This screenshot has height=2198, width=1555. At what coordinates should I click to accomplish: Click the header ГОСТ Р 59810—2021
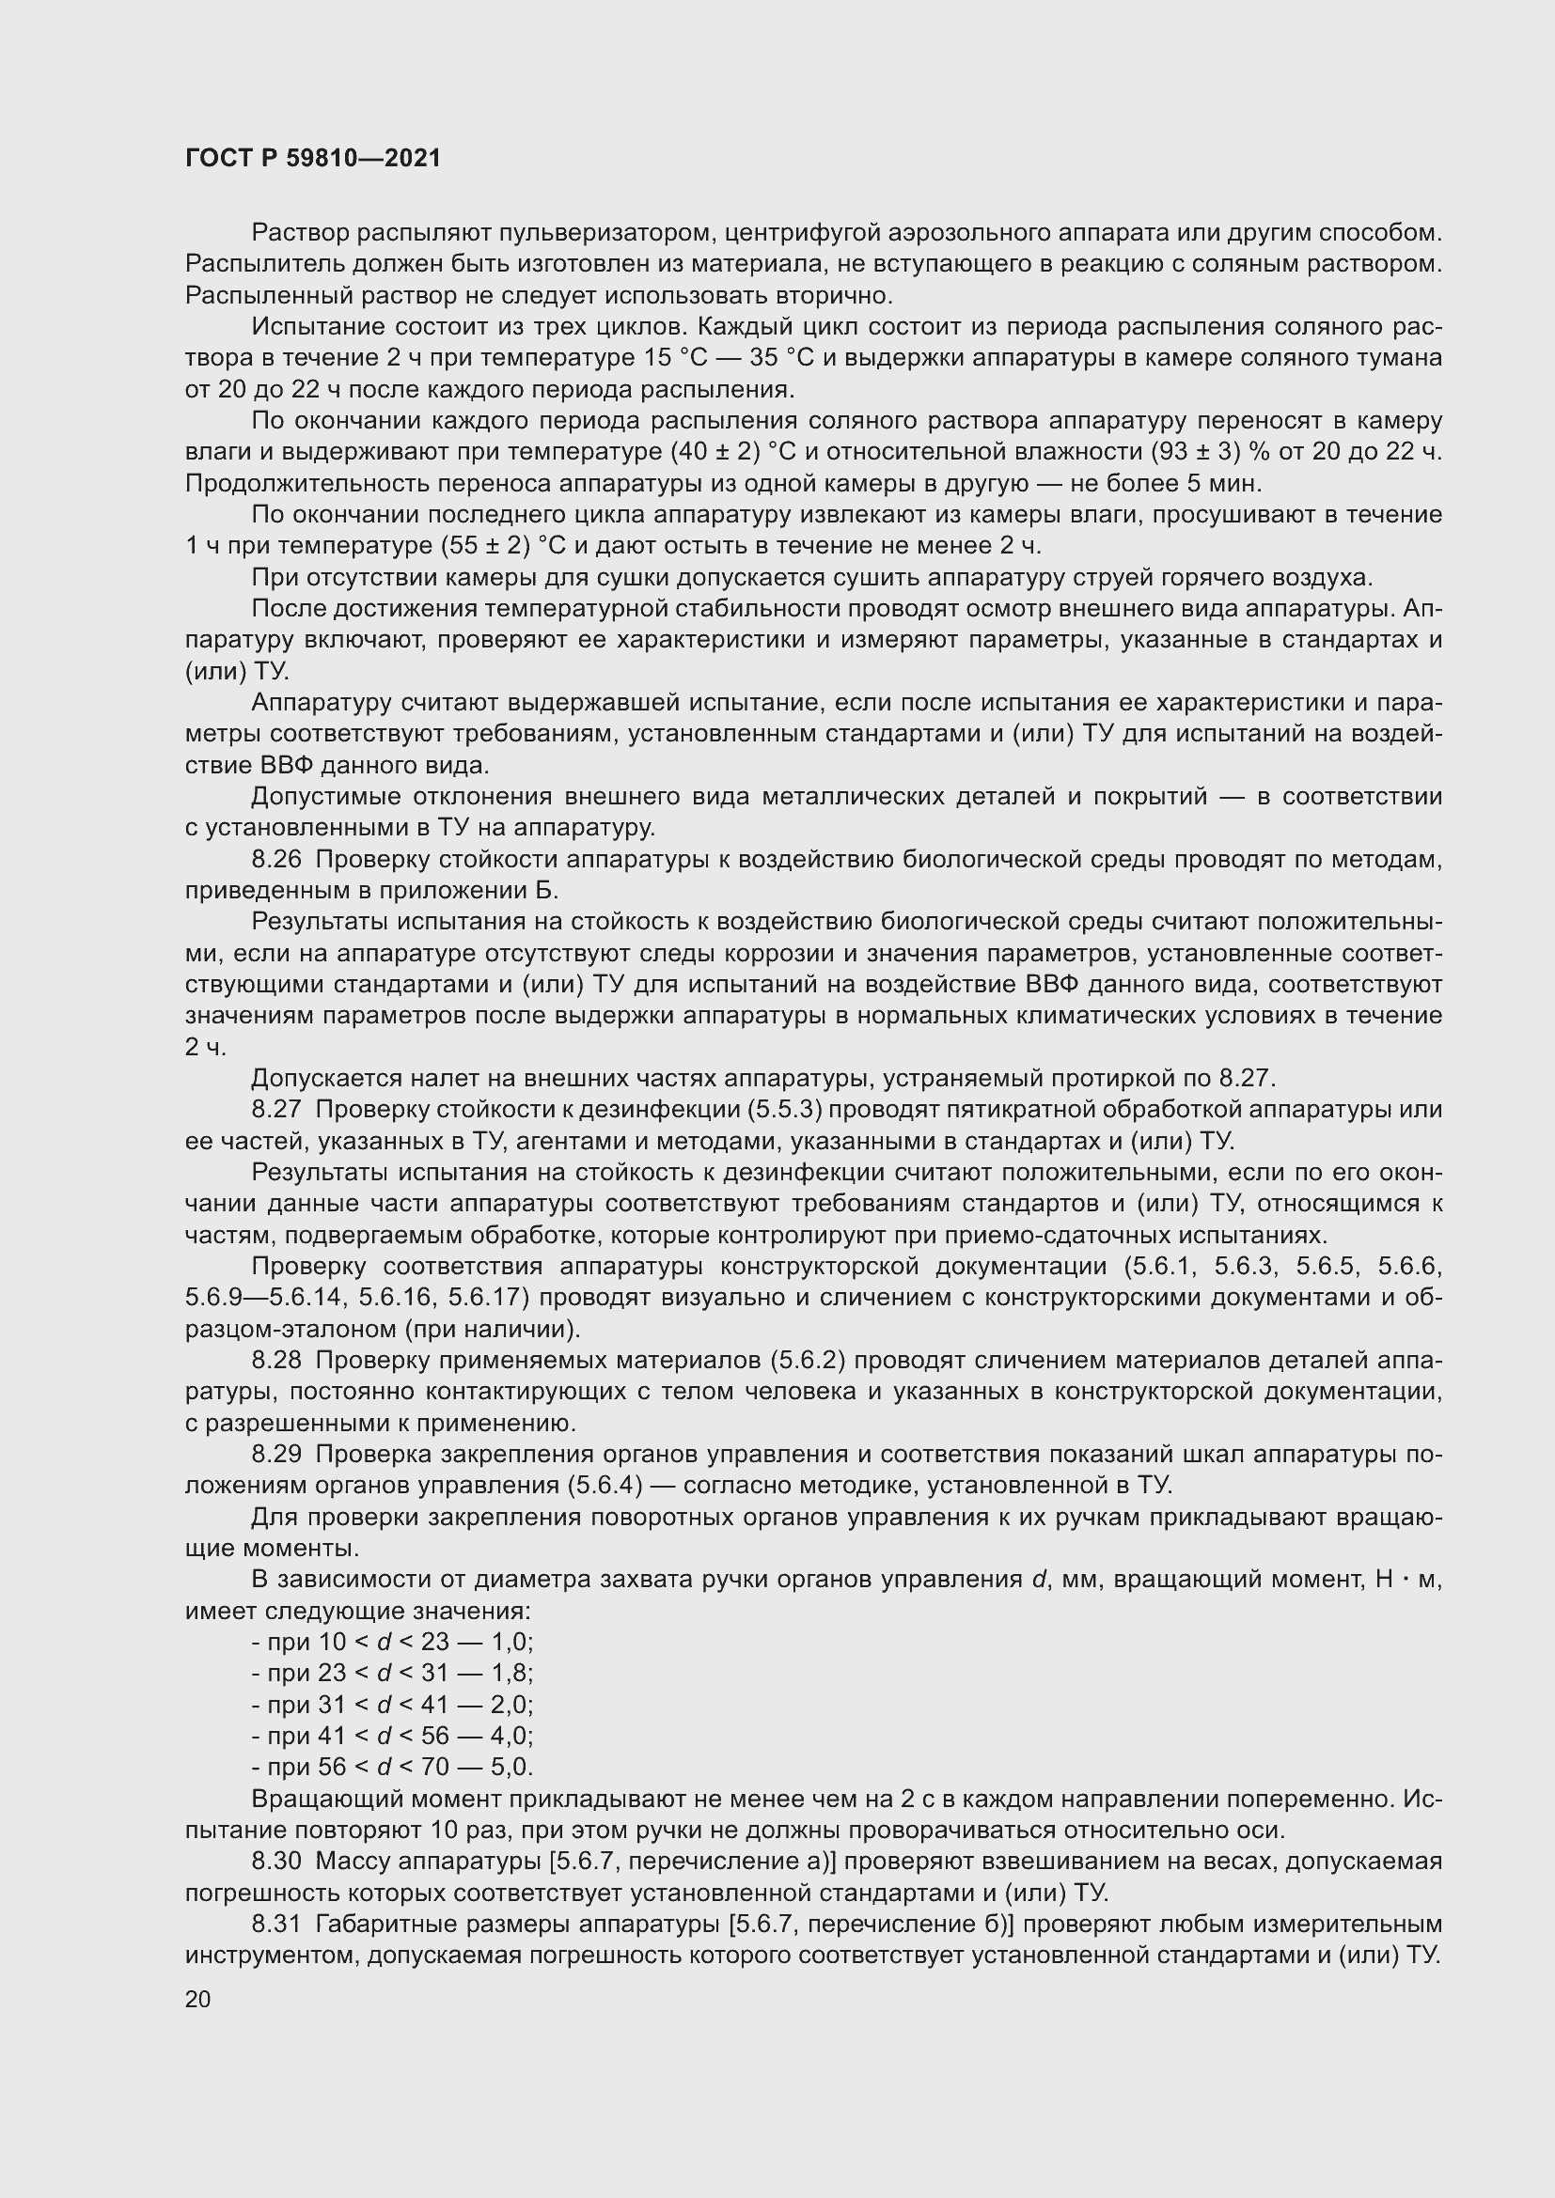(313, 159)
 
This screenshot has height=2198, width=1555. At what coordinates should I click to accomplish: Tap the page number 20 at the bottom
(198, 1999)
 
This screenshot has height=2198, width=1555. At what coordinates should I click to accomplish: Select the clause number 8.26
(275, 860)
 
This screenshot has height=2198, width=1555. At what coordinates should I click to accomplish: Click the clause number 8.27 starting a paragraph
(275, 1110)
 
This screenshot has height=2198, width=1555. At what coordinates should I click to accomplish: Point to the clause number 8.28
(275, 1361)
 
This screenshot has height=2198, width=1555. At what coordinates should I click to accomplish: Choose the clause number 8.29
(275, 1454)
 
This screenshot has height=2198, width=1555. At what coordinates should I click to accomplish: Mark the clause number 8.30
(275, 1862)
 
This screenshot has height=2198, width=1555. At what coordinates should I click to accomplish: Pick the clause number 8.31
(275, 1925)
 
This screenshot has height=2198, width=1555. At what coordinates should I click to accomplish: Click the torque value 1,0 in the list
(511, 1643)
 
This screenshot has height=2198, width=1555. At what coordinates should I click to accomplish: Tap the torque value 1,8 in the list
(511, 1674)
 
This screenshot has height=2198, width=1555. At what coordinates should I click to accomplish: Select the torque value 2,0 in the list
(511, 1705)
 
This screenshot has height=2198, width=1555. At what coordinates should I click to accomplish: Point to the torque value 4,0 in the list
(511, 1737)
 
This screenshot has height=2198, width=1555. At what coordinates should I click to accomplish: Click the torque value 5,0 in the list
(511, 1768)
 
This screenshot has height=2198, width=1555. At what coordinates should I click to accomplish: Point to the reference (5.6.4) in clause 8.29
(604, 1486)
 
